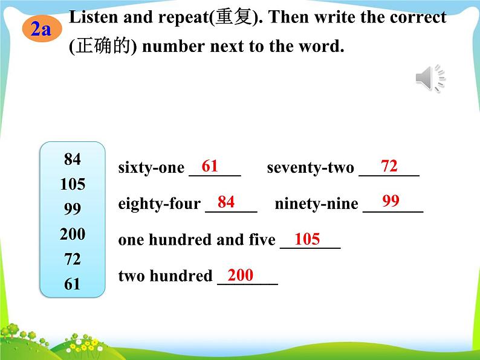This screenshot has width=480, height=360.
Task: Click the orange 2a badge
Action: click(x=42, y=30)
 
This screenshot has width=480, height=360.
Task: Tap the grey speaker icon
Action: click(x=430, y=78)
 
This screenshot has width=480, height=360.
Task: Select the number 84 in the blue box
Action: click(x=73, y=159)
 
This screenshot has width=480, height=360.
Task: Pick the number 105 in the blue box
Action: click(x=73, y=184)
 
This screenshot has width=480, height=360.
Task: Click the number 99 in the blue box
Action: click(x=73, y=209)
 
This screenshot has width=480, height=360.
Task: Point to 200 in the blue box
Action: click(x=73, y=234)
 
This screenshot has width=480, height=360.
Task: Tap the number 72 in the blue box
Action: click(x=73, y=259)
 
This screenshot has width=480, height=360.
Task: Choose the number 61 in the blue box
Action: click(x=73, y=284)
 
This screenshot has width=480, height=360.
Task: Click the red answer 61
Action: click(x=210, y=166)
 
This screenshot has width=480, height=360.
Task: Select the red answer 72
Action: click(x=389, y=166)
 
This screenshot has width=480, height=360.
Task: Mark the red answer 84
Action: click(x=226, y=202)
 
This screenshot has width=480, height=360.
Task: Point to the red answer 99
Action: click(x=391, y=201)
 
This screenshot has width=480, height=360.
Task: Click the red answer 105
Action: click(x=307, y=239)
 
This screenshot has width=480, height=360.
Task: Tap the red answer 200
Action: click(x=241, y=275)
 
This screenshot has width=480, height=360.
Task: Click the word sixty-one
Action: click(x=151, y=168)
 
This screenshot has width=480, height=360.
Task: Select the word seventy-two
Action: click(x=310, y=168)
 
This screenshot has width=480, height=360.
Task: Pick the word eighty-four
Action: click(x=160, y=204)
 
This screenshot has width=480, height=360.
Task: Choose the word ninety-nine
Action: click(x=317, y=204)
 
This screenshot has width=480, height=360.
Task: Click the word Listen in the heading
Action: click(x=94, y=17)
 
